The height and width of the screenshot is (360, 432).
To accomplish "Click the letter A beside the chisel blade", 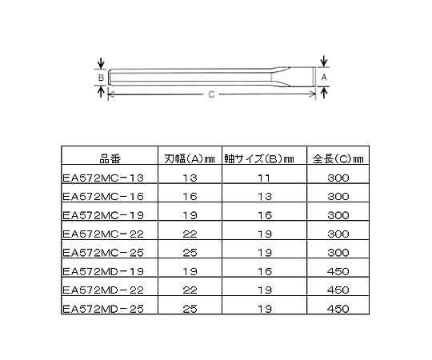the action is pos(324,78).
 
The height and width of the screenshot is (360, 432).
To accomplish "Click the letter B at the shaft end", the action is pos(101,78).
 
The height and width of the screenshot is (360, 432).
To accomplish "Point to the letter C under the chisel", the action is pos(211,94).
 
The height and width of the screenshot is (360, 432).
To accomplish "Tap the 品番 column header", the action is pos(110,159).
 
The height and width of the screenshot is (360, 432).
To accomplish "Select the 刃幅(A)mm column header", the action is pos(190,159).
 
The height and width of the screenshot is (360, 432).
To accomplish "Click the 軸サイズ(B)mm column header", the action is pos(259,159).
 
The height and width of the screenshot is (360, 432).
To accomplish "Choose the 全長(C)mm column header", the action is pos(338,159).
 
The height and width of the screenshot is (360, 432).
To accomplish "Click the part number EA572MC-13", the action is pos(103,178).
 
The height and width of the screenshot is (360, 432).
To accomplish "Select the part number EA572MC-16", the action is pos(103,197).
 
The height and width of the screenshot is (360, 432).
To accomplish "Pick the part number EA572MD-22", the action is pos(103,290).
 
